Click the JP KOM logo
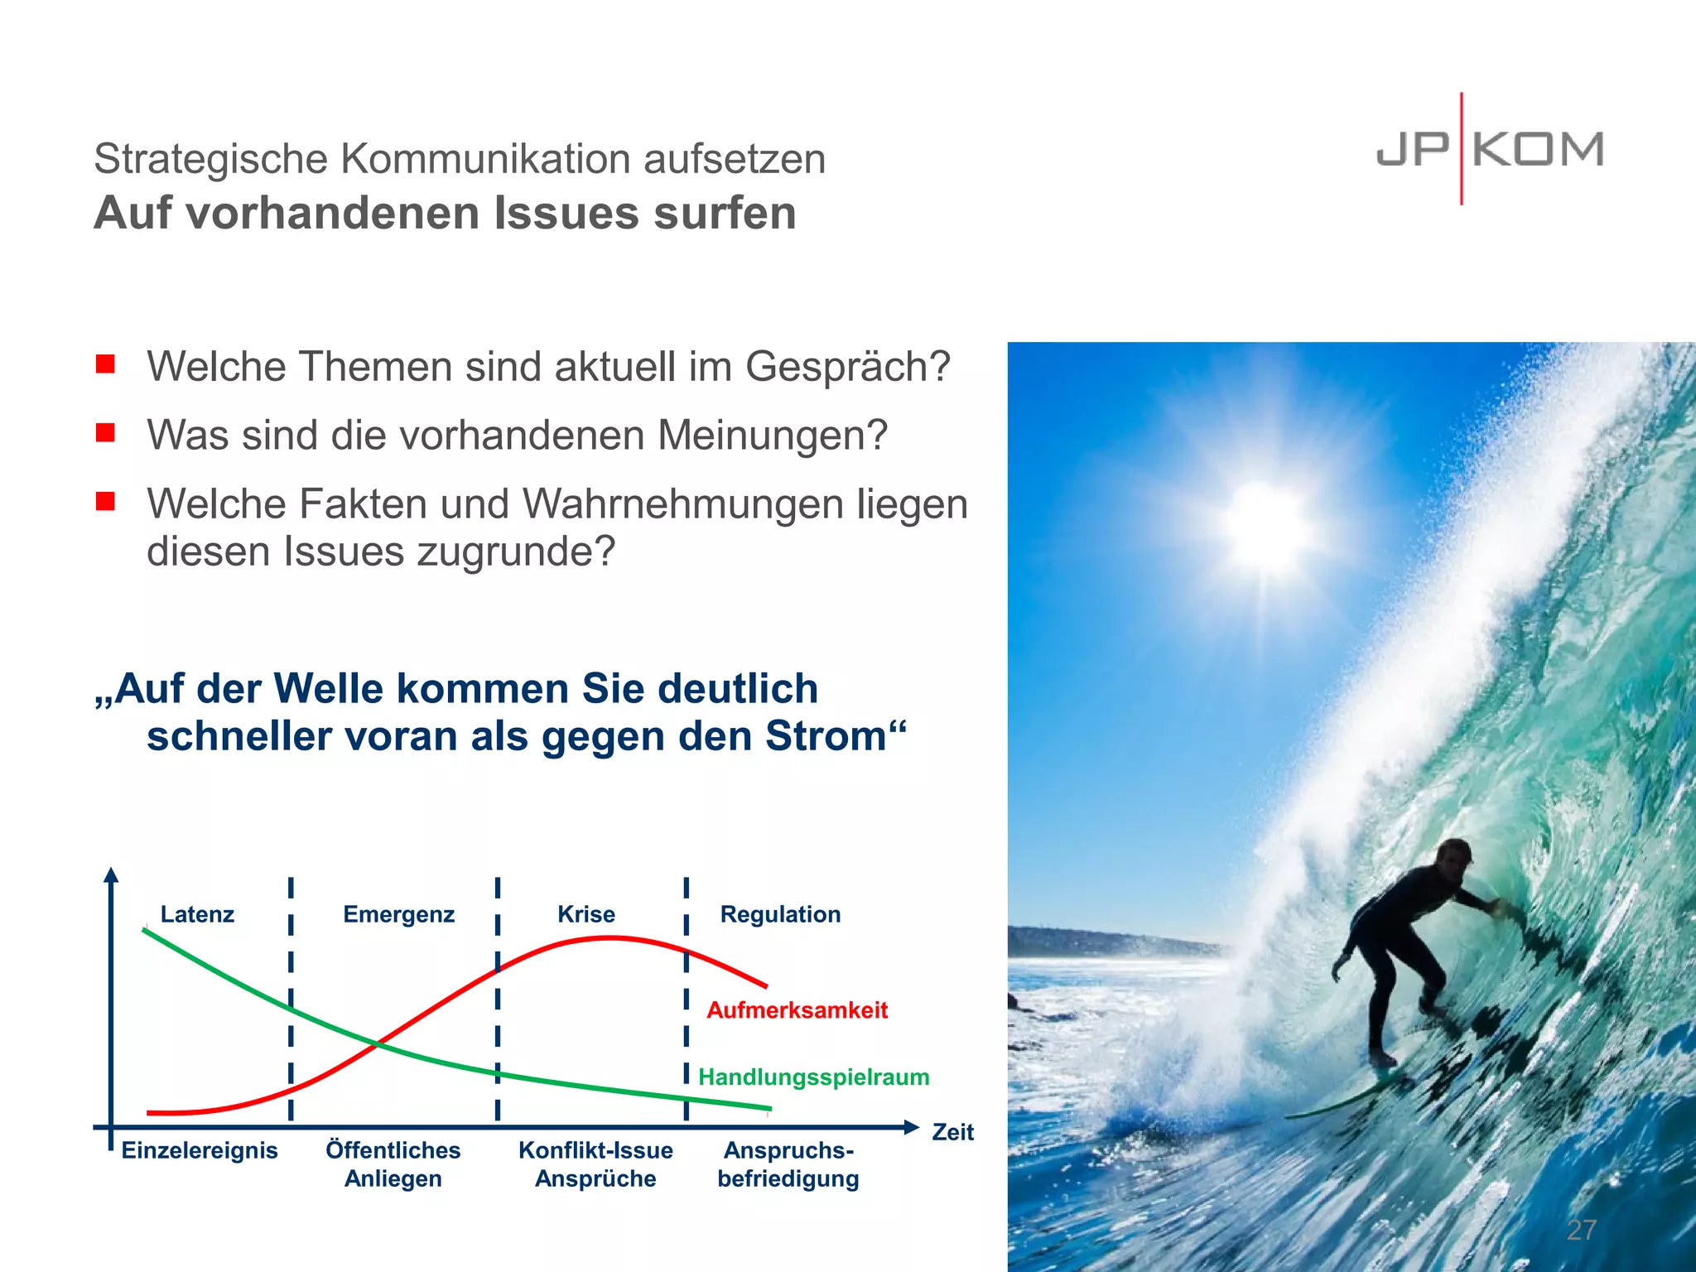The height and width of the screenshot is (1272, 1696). (x=1489, y=150)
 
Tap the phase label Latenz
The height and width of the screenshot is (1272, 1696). (x=197, y=914)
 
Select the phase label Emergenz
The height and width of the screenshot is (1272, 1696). (x=398, y=914)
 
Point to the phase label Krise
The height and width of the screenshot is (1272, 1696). (x=586, y=914)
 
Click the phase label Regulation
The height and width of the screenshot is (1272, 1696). (x=780, y=914)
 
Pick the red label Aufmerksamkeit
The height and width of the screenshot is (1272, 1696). (x=797, y=1010)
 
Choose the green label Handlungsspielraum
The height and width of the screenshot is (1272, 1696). (x=814, y=1077)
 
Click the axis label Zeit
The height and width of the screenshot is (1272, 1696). (x=952, y=1132)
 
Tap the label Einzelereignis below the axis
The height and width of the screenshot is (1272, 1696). (x=200, y=1150)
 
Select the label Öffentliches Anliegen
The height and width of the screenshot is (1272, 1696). (x=393, y=1164)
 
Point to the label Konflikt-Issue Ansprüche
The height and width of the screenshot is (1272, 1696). (x=595, y=1164)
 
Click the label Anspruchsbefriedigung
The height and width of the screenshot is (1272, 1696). (x=788, y=1164)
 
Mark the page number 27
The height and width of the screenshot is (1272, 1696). (x=1581, y=1230)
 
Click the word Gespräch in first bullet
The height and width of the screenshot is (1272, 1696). (x=847, y=367)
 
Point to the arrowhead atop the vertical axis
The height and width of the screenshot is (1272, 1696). (x=112, y=874)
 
